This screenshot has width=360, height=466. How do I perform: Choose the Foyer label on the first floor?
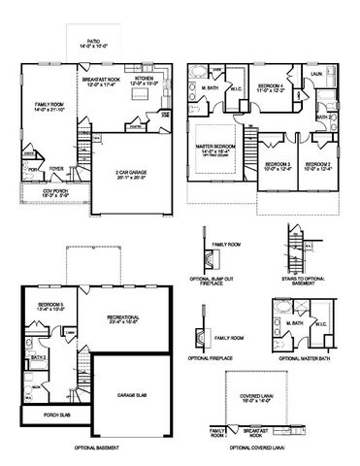[x=56, y=167]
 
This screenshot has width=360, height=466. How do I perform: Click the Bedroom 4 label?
[x=272, y=87]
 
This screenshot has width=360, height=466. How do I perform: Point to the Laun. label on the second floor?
[x=316, y=74]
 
